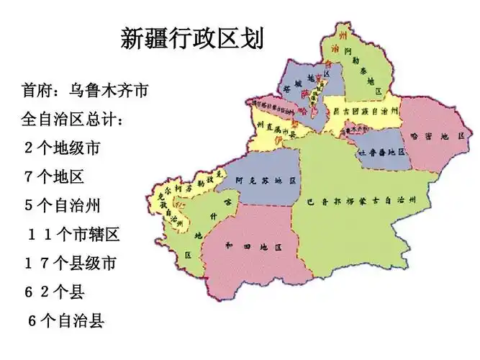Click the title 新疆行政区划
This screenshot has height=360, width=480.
click(192, 38)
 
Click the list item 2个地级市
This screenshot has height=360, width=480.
click(63, 149)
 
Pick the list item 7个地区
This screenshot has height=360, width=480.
click(55, 176)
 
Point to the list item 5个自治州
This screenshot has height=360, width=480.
click(63, 205)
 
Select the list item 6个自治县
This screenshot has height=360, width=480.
click(66, 320)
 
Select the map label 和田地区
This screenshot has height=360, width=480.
click(252, 246)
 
